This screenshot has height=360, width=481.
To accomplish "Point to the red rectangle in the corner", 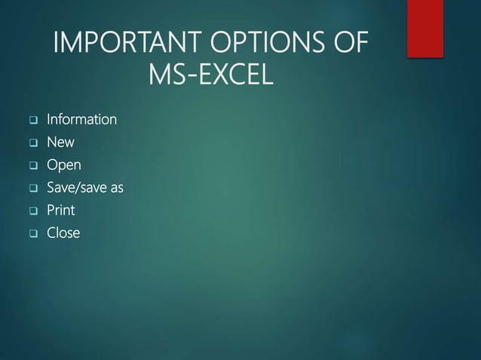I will coord(425,27).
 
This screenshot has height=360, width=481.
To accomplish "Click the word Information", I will coord(81,120).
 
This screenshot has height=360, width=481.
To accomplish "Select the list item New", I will coord(60,142).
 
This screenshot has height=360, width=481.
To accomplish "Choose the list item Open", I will coord(63,165).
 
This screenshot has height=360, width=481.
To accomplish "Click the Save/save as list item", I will coord(84,188).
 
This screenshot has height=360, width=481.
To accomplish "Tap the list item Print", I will coord(60,210).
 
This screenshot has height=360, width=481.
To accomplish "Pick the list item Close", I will coord(63,233).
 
